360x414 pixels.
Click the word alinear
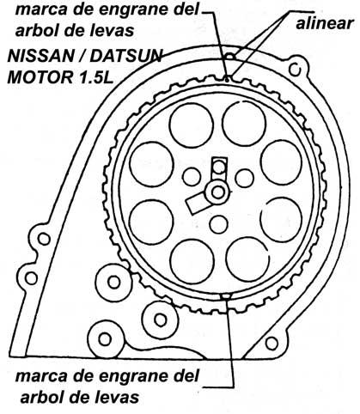coord(325,23)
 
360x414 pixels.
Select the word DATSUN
coord(126,57)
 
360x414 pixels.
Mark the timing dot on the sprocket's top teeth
coord(227,80)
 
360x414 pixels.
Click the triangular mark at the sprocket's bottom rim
coord(226,297)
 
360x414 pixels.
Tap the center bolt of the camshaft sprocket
coord(218,192)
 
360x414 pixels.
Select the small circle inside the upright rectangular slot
coord(220,167)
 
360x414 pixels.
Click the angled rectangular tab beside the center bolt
coord(198,203)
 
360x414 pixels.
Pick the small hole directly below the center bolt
coord(218,224)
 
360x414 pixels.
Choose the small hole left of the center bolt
coord(192,177)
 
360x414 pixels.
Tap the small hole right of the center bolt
coord(244,178)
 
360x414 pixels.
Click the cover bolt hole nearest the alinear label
coord(295,70)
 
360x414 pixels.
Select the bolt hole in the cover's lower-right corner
coord(272,344)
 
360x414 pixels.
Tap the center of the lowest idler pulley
coord(105,339)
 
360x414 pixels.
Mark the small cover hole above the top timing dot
coord(231,58)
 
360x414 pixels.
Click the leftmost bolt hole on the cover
coord(31,277)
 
